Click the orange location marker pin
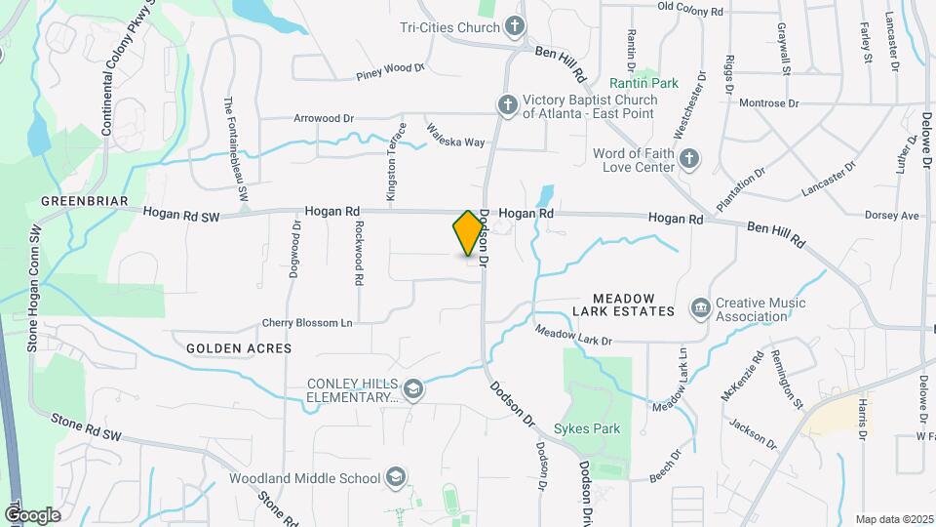pos(468,233)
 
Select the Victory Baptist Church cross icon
pos(507,104)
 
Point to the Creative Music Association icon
pos(700,309)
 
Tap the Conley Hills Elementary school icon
pos(413,389)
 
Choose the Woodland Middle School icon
pos(395,477)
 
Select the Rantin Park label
pos(643,83)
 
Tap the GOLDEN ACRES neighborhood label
pos(239,347)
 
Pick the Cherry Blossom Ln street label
pos(306,323)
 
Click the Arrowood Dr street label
pos(323,118)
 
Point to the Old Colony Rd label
pos(690,10)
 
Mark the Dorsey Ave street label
pos(892,215)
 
